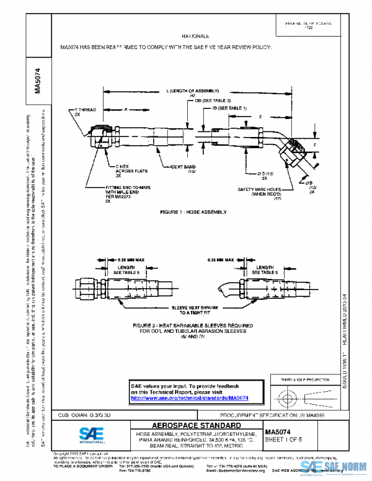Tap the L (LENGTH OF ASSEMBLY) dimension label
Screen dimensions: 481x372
(193, 91)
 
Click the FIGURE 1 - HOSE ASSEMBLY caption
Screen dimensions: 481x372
(193, 212)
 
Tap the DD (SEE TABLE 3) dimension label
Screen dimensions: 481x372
(213, 100)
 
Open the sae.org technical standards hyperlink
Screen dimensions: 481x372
(190, 399)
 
